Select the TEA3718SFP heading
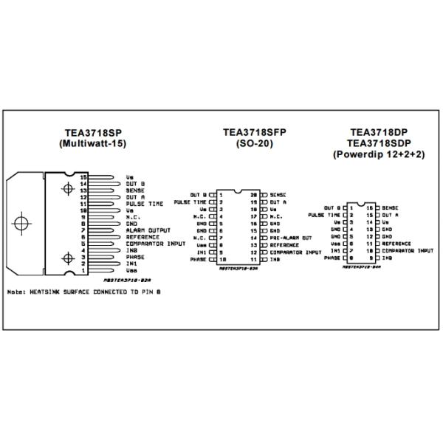coord(254,133)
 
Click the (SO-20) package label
coord(254,145)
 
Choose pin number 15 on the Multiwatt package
coord(84,177)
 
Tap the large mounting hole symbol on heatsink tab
coord(23,222)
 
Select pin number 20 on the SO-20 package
coord(253,194)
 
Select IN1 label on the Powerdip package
coord(334,250)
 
